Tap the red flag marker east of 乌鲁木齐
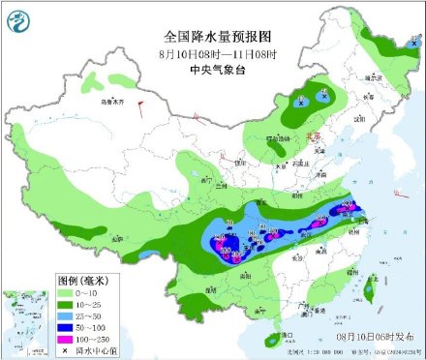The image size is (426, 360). point(139,101)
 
